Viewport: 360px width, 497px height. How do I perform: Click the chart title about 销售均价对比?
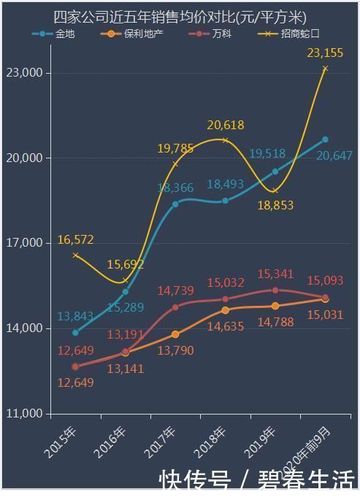180,17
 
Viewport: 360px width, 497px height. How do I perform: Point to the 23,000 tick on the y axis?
25,73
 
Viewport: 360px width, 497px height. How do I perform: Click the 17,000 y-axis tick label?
25,243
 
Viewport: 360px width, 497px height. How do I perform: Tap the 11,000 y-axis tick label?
25,414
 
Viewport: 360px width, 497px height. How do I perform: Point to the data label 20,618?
225,125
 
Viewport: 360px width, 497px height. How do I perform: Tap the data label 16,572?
75,240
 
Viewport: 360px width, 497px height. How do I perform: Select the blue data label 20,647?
334,155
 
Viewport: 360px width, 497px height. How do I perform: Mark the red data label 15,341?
275,274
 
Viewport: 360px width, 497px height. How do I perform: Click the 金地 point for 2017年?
175,204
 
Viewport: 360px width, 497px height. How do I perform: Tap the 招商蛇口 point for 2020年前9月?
325,69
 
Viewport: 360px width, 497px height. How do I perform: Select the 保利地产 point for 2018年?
225,310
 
